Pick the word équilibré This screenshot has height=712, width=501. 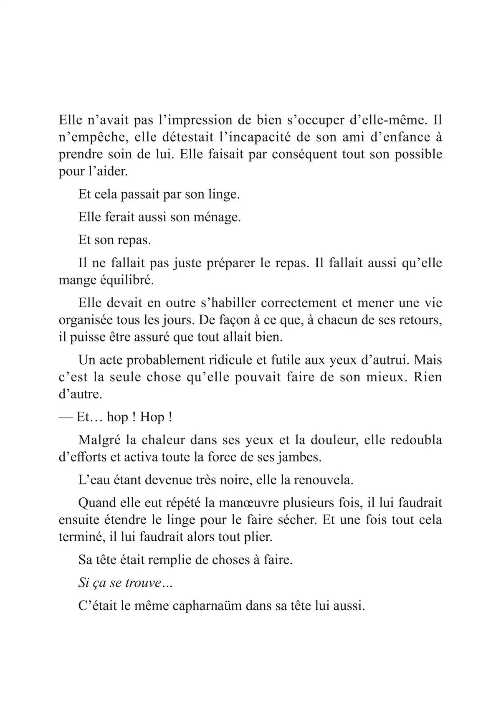pos(127,281)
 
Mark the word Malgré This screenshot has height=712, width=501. pos(99,440)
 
